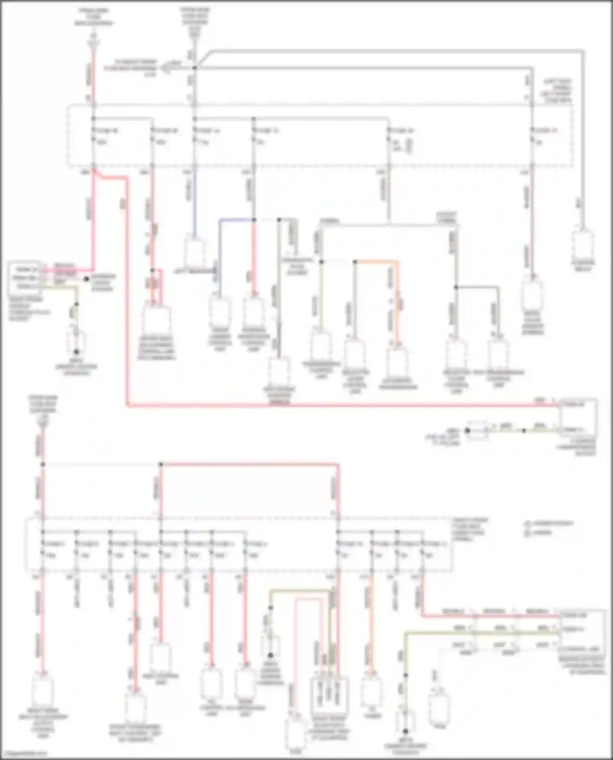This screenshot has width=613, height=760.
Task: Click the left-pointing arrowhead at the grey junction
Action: pos(166,68)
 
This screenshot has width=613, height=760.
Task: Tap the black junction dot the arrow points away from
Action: pos(195,68)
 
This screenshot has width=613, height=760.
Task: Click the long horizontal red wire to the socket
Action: pos(327,406)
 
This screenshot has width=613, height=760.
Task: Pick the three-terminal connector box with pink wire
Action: pos(24,278)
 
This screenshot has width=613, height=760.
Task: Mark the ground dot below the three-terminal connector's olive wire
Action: pos(76,352)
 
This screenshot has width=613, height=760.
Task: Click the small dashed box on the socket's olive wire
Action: pos(477,430)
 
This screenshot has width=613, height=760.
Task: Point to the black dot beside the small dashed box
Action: pos(467,430)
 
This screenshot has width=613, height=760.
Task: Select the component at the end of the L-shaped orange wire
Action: pos(397,361)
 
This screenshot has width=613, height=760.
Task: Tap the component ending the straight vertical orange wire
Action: pos(372,691)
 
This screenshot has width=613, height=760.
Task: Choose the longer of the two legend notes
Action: pos(550,523)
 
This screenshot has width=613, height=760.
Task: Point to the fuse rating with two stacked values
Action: pos(397,146)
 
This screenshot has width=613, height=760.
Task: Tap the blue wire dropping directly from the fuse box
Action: pos(195,204)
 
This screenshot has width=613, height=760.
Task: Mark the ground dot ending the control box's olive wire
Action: pos(405,731)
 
